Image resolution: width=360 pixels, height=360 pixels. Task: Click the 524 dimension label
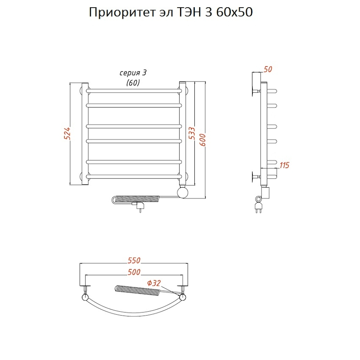click(68, 133)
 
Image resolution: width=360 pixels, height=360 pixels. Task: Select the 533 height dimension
click(192, 134)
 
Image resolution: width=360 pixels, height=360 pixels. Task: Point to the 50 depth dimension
click(268, 69)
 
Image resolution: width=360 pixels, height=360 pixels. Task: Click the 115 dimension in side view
click(284, 165)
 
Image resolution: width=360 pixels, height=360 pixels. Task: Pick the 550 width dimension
click(134, 260)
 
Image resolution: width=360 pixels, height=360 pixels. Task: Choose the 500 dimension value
click(134, 272)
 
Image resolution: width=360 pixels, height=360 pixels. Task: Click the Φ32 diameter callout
click(154, 283)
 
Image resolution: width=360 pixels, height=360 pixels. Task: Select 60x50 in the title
click(234, 13)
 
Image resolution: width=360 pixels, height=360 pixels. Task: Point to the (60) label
click(133, 83)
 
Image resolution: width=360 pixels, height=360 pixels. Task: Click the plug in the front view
click(140, 206)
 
